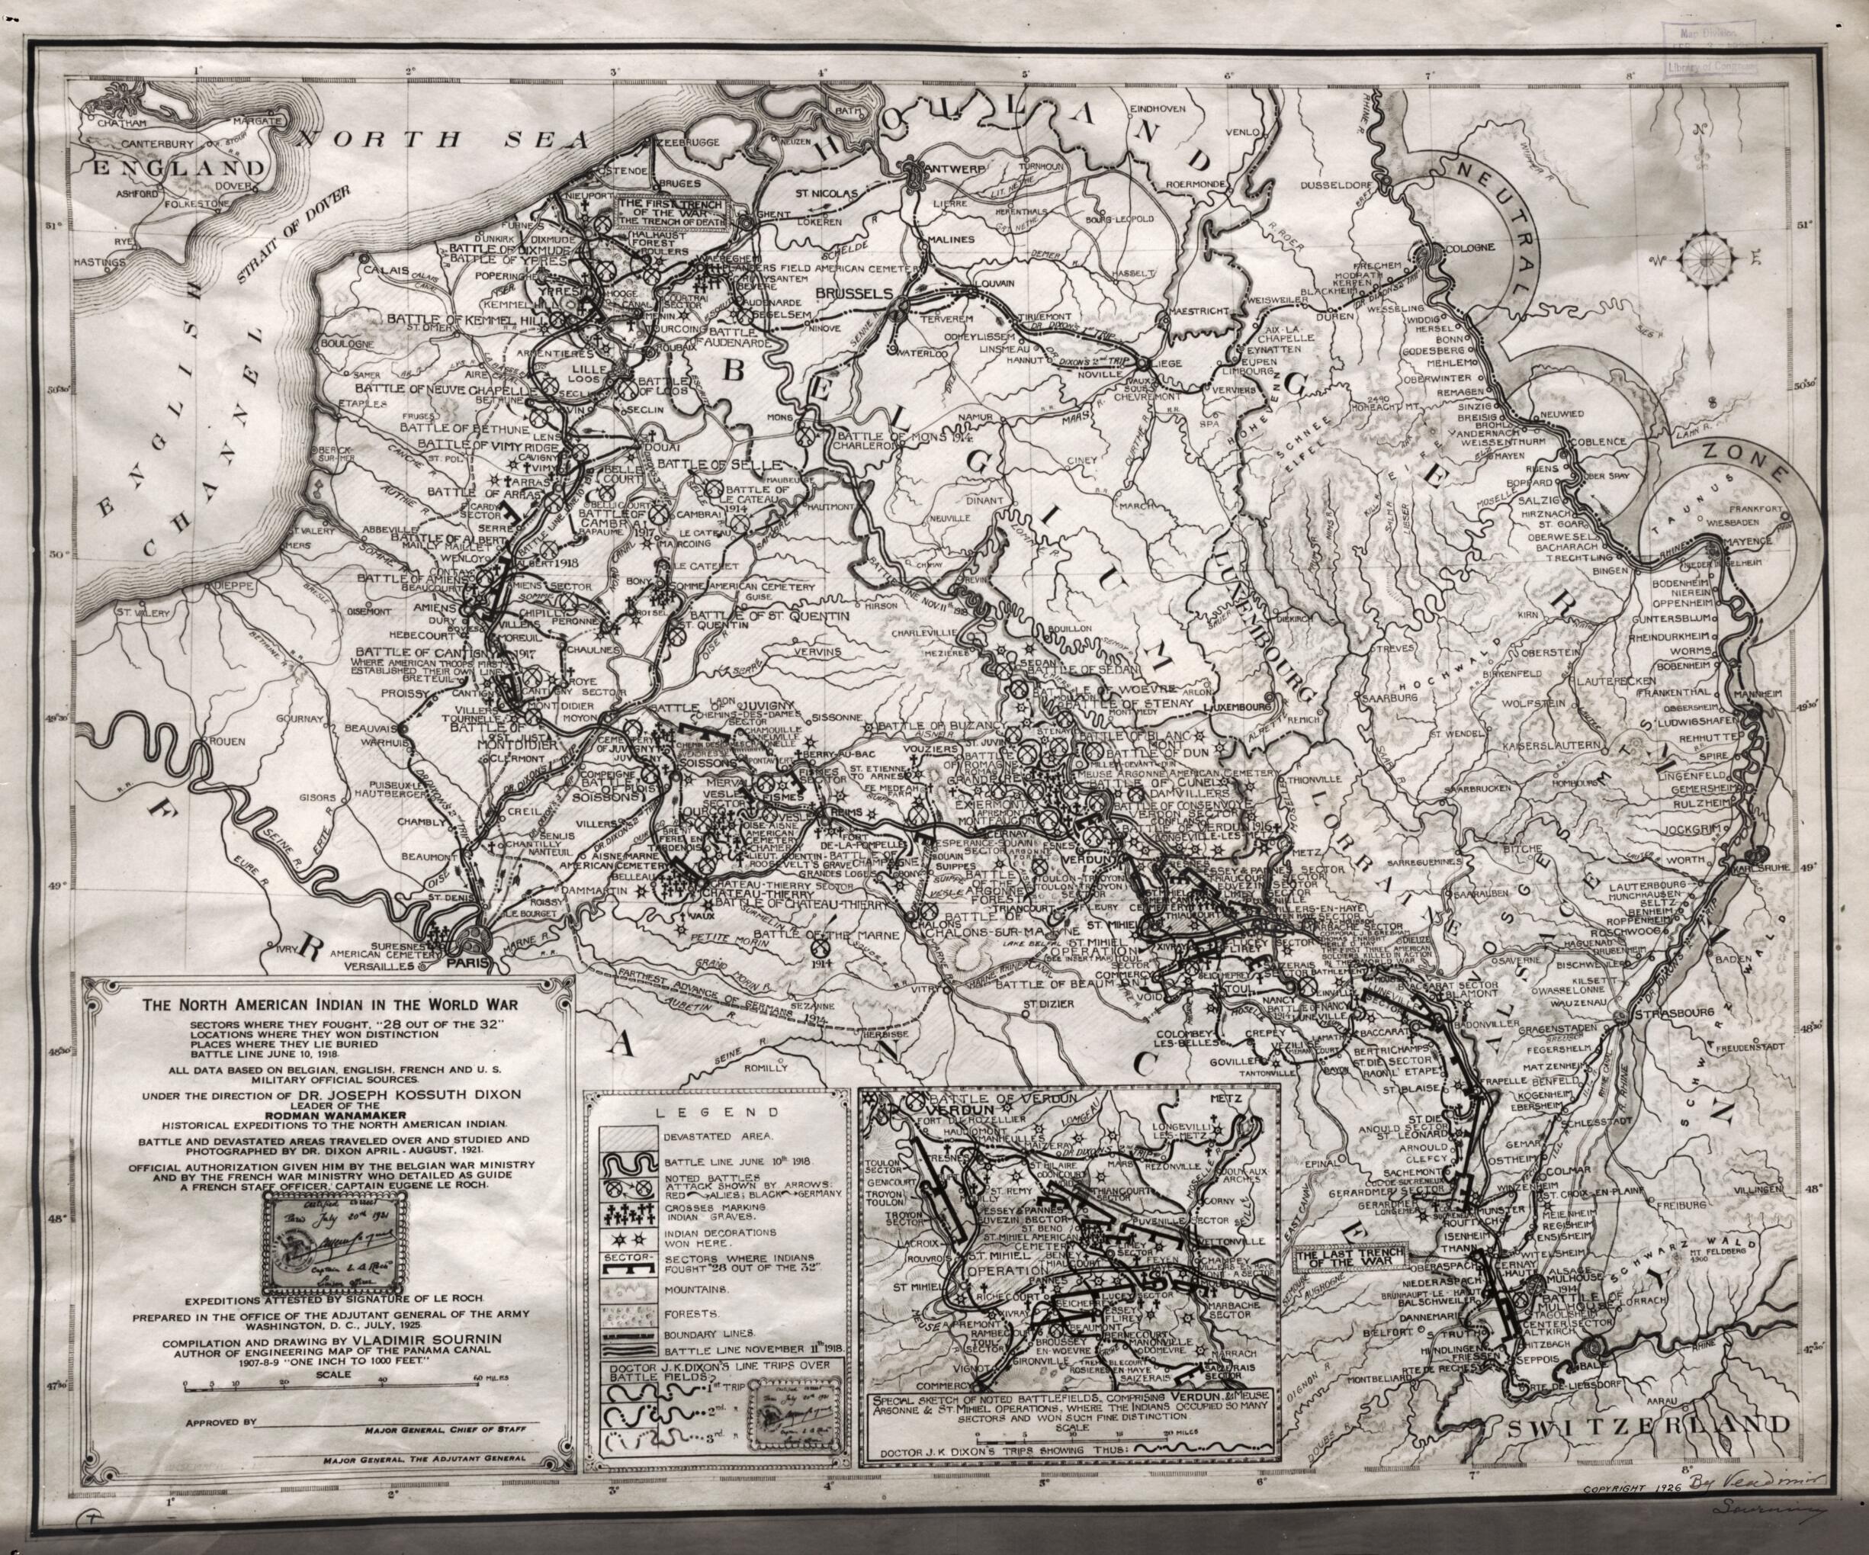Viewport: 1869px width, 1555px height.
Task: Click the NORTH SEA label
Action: [445, 139]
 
